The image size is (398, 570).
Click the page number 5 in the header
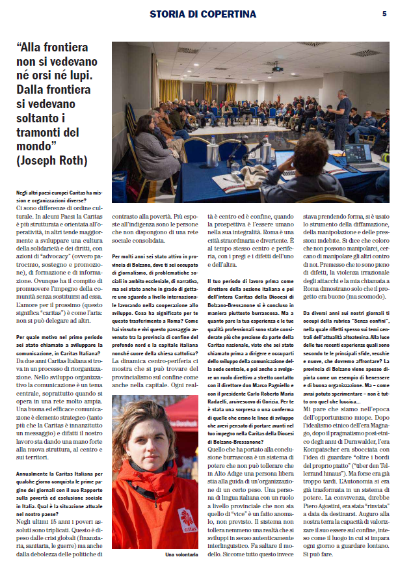pyautogui.click(x=385, y=13)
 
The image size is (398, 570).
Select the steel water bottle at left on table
pyautogui.click(x=212, y=154)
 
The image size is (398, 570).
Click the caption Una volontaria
pyautogui.click(x=182, y=554)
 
